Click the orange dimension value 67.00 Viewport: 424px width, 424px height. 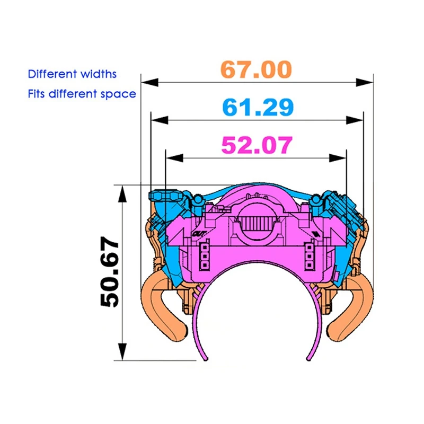point(256,69)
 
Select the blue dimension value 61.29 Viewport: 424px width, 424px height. point(258,107)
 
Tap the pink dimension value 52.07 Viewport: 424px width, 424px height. point(257,145)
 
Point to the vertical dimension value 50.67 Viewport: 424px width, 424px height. point(110,271)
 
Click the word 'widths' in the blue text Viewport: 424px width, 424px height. point(99,74)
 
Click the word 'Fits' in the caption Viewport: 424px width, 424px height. point(36,94)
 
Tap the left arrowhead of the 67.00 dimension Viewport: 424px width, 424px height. point(149,82)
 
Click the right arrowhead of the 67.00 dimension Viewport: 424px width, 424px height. point(365,82)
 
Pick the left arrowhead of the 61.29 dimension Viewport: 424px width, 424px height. point(160,120)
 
